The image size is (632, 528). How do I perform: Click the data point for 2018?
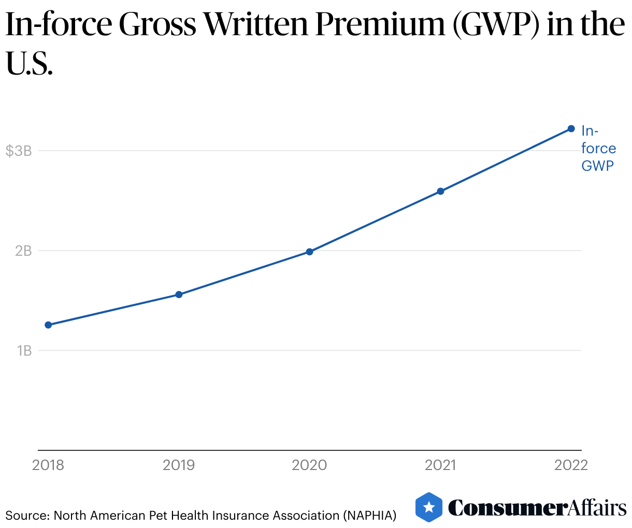click(x=48, y=325)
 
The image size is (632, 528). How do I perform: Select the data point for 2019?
click(x=179, y=295)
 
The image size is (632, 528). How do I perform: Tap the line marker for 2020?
click(x=309, y=252)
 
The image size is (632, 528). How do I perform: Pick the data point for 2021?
click(x=440, y=191)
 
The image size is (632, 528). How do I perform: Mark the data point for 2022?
click(x=571, y=128)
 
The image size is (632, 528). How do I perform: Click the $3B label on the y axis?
click(x=19, y=151)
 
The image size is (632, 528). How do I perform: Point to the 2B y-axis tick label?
click(x=23, y=251)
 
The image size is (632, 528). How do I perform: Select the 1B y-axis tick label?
click(x=24, y=351)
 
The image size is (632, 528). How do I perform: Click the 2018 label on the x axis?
click(x=48, y=465)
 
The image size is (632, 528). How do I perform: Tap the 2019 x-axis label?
click(x=179, y=465)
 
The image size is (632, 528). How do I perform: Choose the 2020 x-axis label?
click(x=309, y=465)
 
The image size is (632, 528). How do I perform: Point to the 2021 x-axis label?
click(x=440, y=465)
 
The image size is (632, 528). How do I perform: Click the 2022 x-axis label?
click(x=571, y=465)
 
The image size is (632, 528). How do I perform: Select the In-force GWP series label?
click(x=598, y=148)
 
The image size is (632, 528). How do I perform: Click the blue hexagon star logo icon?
click(x=429, y=507)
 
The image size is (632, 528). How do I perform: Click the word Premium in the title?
click(x=380, y=24)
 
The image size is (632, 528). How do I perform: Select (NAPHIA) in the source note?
click(x=369, y=516)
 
